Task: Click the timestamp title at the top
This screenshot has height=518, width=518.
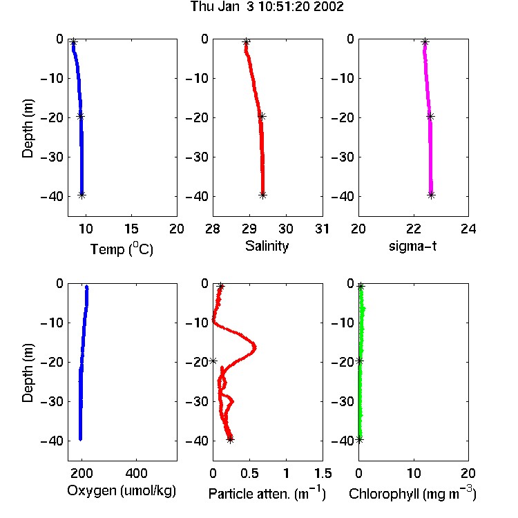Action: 267,6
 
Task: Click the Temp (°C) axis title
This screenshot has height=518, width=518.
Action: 122,249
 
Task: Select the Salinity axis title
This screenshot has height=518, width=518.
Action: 267,246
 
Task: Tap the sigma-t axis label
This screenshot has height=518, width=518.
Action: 412,246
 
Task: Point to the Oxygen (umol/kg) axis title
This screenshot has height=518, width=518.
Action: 122,491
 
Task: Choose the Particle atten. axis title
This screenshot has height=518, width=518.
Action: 267,493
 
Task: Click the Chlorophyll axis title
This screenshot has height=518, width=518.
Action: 412,493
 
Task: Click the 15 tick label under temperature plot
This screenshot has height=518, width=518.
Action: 131,229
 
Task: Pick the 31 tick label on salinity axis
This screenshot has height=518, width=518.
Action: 323,229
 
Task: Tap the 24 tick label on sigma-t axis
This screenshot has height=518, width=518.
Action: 468,229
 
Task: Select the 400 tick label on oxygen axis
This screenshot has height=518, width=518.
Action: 136,473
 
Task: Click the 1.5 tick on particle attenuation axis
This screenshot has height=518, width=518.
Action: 323,473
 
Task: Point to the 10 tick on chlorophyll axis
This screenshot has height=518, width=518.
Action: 414,473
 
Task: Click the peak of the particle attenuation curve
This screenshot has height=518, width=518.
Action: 255,347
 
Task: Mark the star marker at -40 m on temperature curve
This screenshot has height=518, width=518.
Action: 82,195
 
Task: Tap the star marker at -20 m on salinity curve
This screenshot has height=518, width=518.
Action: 262,116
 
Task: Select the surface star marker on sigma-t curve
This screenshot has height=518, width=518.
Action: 425,42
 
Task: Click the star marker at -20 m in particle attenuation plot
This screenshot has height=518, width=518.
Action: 213,361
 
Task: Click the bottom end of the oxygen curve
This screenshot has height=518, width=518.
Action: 80,439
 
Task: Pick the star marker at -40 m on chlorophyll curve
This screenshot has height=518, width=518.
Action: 359,440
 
